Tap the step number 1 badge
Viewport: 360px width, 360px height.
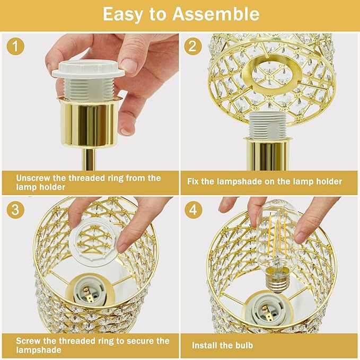point(16,47)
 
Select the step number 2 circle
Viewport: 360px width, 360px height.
point(193,47)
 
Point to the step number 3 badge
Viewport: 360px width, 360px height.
point(16,210)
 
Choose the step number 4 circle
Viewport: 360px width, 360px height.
point(193,210)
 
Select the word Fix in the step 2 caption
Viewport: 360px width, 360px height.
point(194,181)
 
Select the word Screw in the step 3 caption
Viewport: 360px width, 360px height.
point(29,341)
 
